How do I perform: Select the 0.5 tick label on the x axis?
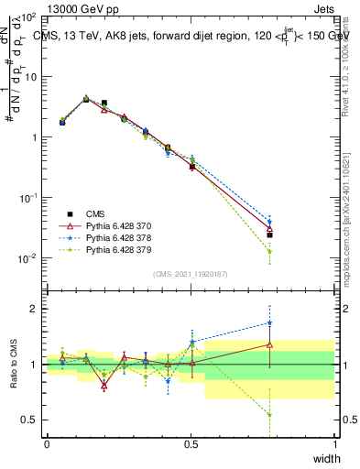[191, 444]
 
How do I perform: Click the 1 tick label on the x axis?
[334, 444]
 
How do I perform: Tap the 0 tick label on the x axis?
[47, 444]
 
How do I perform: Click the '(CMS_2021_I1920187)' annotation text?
[191, 273]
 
